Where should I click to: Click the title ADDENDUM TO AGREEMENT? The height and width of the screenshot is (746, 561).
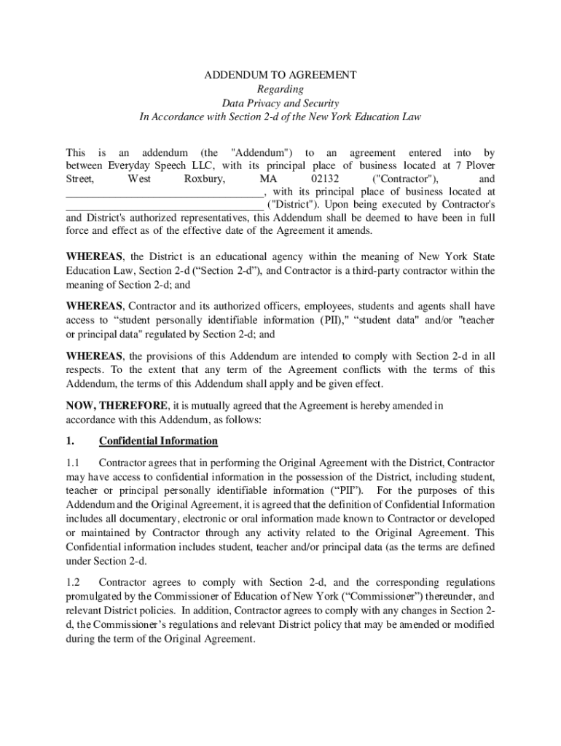[280, 75]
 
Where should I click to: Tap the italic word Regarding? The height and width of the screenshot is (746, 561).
[280, 89]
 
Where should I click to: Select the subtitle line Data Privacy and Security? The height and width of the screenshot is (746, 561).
[280, 103]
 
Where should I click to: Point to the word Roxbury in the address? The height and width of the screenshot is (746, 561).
[204, 179]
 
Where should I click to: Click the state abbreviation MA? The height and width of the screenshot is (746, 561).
[268, 179]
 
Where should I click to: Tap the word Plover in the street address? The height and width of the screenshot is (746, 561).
[478, 166]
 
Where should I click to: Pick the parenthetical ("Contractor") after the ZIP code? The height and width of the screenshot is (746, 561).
[405, 179]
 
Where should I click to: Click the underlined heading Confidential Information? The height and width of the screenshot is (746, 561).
[158, 441]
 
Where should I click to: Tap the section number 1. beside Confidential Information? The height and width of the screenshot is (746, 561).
[70, 441]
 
